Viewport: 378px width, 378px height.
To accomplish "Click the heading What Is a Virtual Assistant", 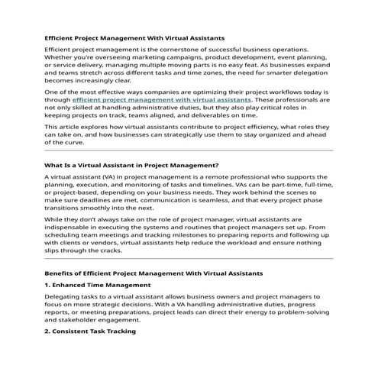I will coord(121,164).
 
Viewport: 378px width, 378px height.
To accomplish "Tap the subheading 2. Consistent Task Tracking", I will coord(90,332).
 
